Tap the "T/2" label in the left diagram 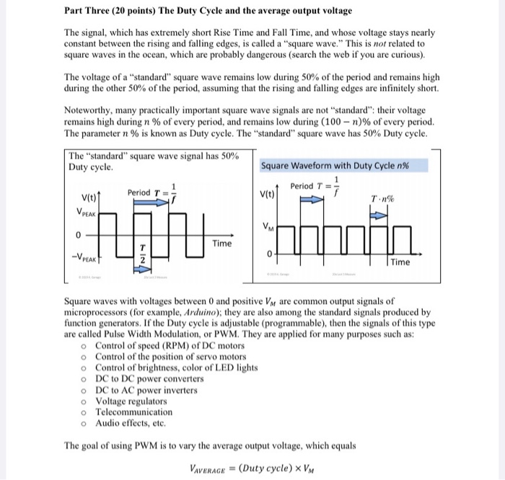[x=143, y=253]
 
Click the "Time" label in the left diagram [x=222, y=244]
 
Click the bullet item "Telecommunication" [x=133, y=412]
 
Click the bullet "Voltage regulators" [x=131, y=401]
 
